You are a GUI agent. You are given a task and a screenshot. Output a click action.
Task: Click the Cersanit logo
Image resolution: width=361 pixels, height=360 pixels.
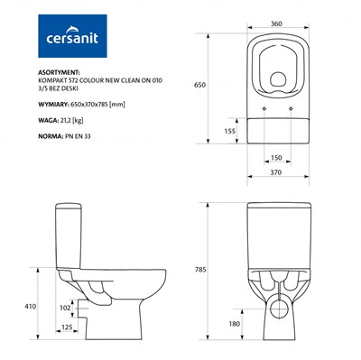(72, 36)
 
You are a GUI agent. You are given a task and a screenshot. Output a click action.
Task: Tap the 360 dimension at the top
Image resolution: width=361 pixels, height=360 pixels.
(276, 23)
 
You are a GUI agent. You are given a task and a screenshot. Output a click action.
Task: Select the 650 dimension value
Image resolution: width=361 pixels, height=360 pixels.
(199, 85)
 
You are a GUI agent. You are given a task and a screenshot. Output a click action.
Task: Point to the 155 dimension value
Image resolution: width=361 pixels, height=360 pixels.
(230, 131)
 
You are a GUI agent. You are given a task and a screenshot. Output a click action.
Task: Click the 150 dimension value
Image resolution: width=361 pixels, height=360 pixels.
(276, 158)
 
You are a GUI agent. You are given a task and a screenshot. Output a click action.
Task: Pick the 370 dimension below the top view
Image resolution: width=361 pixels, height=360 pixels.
(276, 172)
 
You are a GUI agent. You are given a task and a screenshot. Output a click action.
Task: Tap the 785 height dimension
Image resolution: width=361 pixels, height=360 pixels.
(200, 270)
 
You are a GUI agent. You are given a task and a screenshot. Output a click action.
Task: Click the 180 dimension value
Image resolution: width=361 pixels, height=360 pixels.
(235, 324)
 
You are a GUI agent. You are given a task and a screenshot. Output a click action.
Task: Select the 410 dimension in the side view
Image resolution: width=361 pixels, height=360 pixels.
(30, 307)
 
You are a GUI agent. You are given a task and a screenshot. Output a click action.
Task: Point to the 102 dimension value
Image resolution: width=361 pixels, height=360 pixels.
(65, 308)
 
